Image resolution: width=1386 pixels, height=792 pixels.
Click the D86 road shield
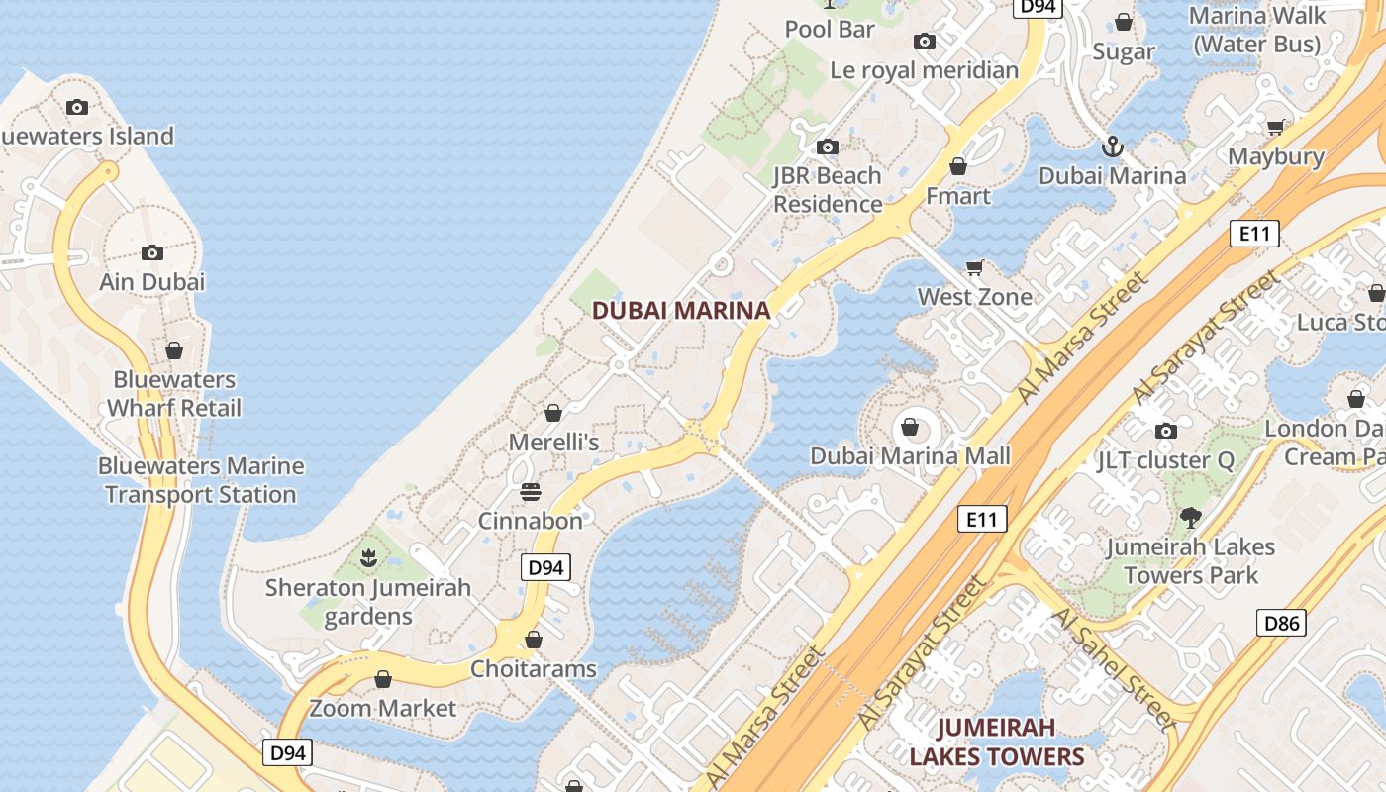[1281, 623]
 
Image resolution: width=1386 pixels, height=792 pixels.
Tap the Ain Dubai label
[152, 282]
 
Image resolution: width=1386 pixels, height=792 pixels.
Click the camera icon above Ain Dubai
[152, 252]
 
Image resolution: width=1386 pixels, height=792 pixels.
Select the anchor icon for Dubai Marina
[1113, 148]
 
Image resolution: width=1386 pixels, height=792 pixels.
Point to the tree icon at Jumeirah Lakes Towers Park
[1191, 517]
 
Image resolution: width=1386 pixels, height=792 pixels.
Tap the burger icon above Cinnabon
[531, 491]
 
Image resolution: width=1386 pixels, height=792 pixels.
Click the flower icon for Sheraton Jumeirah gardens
[369, 558]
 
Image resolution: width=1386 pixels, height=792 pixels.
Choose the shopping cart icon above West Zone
[975, 267]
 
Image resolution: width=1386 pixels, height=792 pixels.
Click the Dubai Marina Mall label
[911, 456]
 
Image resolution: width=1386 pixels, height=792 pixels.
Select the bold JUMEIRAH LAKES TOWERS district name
[997, 742]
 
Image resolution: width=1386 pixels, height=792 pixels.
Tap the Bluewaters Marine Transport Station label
[201, 480]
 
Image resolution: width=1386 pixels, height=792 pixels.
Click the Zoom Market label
[383, 709]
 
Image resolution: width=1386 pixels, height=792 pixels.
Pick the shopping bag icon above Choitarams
[534, 641]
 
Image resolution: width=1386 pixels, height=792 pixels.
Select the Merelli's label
[554, 442]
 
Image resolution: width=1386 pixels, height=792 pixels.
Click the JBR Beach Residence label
[828, 190]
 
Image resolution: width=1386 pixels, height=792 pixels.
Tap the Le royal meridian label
[924, 70]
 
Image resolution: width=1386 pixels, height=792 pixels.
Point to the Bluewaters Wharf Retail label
[174, 394]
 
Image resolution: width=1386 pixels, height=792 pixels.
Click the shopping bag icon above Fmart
[957, 166]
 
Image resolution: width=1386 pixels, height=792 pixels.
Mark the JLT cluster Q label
[1166, 460]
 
